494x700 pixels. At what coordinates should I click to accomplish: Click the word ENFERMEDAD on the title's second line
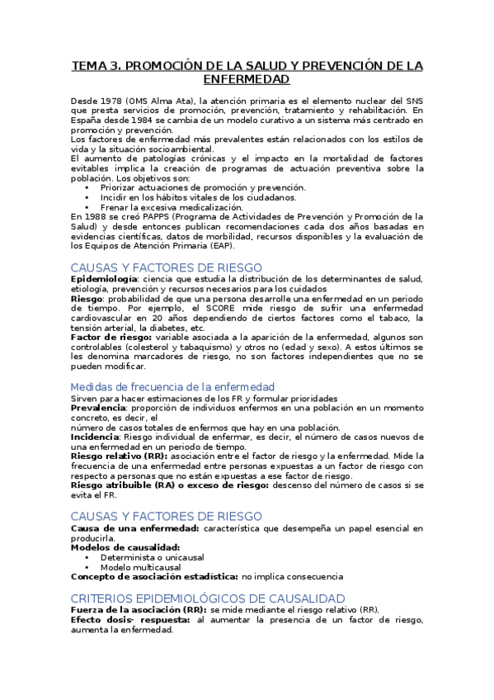click(x=247, y=79)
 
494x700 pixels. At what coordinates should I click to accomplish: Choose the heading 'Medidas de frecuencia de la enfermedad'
click(x=172, y=386)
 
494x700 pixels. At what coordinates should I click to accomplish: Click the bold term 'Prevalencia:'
click(x=98, y=408)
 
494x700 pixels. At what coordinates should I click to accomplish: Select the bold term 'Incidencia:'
click(x=96, y=437)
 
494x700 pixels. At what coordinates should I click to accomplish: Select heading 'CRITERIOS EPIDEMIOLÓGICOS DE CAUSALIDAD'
click(x=207, y=598)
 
